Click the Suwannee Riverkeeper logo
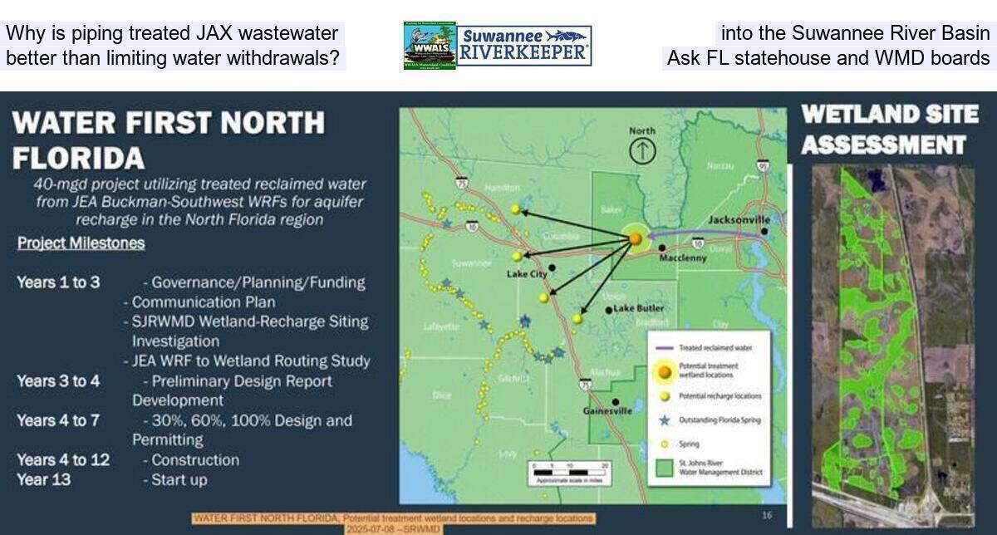coord(524,46)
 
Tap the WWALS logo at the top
coord(430,46)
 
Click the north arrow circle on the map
coord(642,151)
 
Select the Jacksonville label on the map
coord(739,220)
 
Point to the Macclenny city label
coord(682,258)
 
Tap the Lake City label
coord(527,273)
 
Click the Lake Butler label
coord(639,309)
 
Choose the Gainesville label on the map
coord(607,410)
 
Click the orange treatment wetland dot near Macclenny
coord(635,238)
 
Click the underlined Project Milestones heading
coord(81,243)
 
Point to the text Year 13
coord(43,480)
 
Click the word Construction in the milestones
coord(195,460)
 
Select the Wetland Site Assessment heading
coord(889,130)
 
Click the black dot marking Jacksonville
coord(764,231)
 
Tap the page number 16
coord(767,516)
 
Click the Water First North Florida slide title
coord(169,139)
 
